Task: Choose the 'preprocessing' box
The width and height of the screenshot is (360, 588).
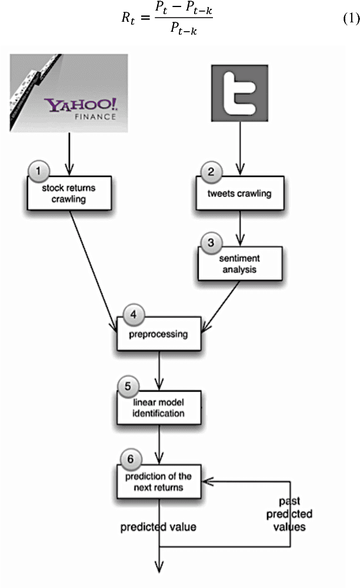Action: coord(159,335)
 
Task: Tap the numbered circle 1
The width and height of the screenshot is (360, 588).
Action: coord(39,172)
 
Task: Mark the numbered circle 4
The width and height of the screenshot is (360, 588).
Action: coord(133,315)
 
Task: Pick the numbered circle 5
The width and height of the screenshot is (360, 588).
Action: coord(128,386)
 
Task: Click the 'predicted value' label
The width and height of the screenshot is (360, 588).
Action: coord(158,527)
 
